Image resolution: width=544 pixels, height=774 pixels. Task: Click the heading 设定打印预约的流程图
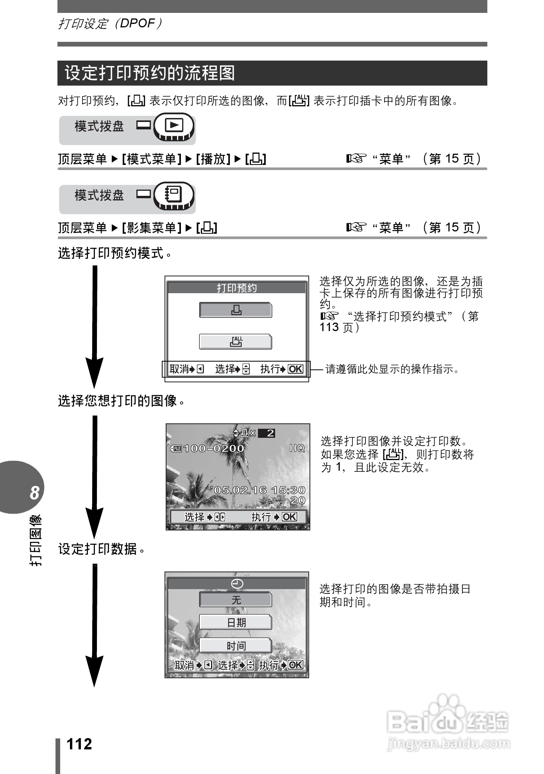150,73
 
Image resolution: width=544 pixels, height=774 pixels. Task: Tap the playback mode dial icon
174,126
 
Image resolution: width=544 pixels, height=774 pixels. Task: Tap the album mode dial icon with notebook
174,195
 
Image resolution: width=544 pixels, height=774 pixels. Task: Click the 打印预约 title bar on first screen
236,288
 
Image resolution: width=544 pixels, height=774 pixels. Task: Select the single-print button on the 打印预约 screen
236,310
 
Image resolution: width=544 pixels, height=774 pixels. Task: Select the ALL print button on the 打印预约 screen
236,342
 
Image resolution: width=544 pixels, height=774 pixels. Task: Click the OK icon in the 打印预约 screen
295,369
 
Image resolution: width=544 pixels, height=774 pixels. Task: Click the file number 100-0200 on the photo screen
213,448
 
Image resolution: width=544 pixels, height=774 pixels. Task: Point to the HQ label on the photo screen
297,448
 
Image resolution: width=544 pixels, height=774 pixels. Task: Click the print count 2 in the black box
270,433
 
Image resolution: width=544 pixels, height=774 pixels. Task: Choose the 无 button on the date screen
236,600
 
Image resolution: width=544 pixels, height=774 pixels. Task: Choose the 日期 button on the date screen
236,622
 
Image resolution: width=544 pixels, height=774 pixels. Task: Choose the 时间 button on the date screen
236,645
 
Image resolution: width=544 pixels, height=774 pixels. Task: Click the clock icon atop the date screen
237,584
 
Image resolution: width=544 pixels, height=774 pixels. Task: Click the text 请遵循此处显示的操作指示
392,369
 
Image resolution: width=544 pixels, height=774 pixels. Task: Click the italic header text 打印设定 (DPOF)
110,24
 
